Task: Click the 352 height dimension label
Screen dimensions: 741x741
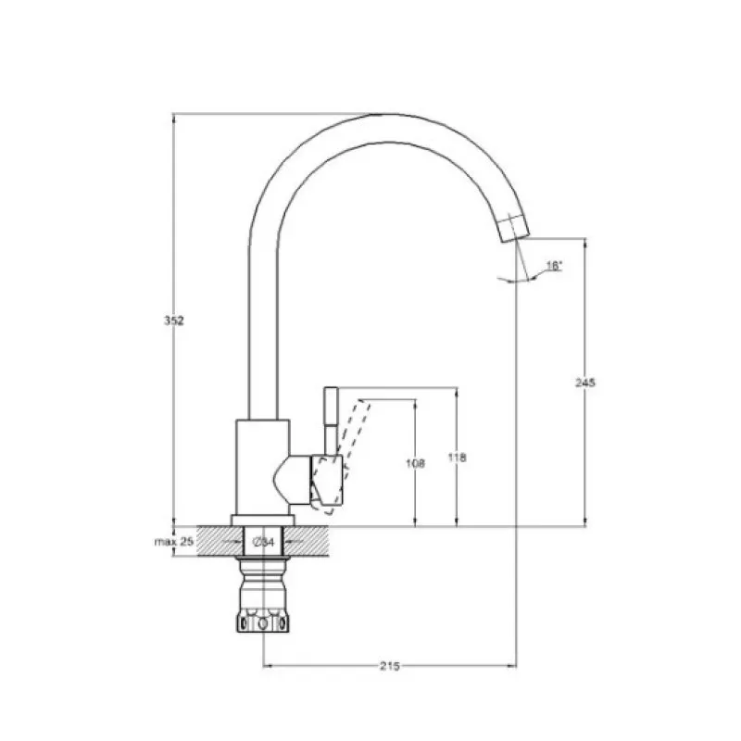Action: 174,320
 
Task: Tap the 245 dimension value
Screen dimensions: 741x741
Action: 585,383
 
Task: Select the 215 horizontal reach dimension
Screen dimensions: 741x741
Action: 390,666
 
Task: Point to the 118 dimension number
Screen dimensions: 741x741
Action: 457,458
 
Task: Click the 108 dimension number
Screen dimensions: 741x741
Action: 415,464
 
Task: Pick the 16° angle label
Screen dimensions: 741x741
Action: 554,266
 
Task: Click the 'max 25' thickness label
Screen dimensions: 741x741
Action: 174,542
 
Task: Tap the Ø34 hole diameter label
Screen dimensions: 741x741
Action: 264,542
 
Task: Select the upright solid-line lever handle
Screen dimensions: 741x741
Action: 331,421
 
